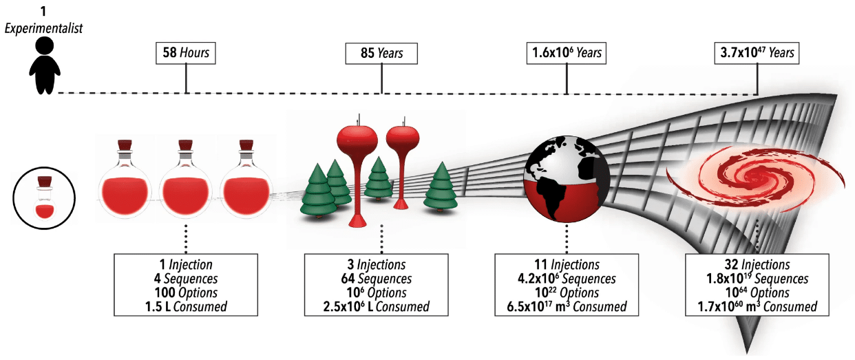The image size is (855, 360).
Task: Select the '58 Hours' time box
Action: coord(186,52)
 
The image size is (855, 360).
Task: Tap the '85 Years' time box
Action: coord(381,52)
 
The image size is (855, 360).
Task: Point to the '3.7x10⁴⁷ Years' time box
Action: coord(757,52)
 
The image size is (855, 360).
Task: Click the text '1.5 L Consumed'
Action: coord(185,307)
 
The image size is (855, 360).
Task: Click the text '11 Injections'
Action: coord(567,265)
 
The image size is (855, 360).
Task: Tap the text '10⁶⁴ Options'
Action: coord(757,293)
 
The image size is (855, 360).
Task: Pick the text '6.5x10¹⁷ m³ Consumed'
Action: coord(567,307)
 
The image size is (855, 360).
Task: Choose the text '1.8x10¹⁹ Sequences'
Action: coord(757,279)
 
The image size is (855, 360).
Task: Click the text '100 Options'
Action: coord(185,293)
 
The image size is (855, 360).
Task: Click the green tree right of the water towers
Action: coord(441,186)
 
